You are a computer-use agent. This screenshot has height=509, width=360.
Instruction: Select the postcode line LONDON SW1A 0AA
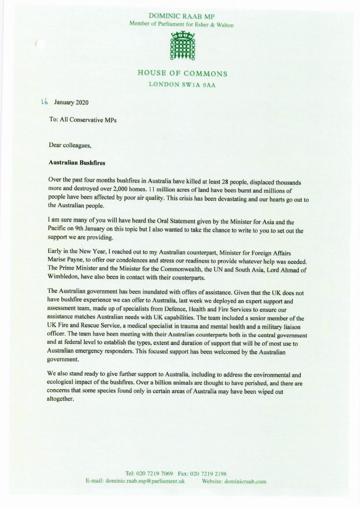(182, 85)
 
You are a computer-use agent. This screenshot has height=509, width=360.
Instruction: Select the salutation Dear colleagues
(69, 146)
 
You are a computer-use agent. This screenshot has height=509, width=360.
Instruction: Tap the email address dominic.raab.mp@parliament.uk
(146, 481)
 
